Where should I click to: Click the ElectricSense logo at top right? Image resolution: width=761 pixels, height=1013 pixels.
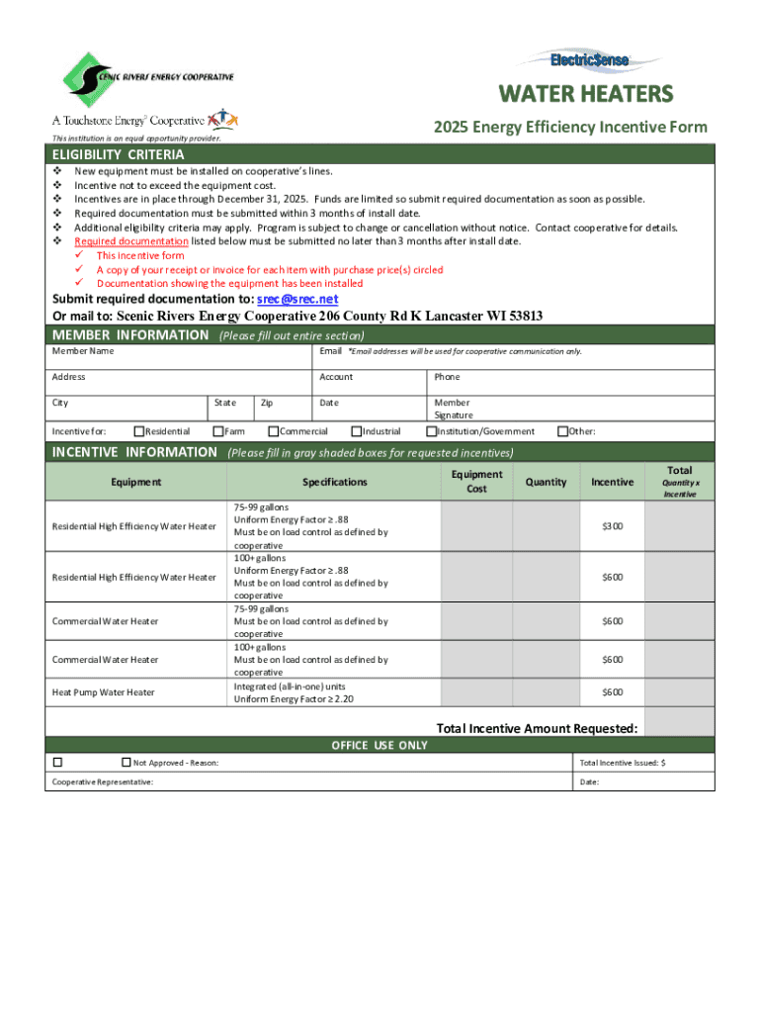click(x=590, y=60)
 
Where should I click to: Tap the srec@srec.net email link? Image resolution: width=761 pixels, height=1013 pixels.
click(x=296, y=300)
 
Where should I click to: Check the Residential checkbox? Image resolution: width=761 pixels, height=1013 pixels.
click(x=138, y=431)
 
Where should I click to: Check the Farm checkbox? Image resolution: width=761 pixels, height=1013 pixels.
click(x=218, y=431)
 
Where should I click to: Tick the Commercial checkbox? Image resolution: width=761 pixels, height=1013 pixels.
click(x=274, y=431)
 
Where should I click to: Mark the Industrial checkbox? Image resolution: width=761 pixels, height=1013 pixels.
click(x=357, y=431)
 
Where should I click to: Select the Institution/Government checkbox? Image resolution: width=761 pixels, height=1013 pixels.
click(x=431, y=431)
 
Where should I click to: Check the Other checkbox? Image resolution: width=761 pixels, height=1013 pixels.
click(x=562, y=431)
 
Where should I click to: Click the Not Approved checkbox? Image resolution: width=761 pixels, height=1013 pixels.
click(x=126, y=763)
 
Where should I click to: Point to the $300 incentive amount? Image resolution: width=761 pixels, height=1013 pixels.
click(x=613, y=525)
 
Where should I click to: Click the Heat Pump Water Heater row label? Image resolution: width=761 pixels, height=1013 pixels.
click(x=103, y=692)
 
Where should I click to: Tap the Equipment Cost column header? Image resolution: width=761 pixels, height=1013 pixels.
click(x=476, y=482)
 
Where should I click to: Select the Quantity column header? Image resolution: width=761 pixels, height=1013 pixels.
click(x=546, y=482)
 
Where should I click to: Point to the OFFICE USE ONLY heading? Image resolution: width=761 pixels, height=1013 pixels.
click(x=380, y=745)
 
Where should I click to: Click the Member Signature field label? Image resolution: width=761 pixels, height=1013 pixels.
click(x=454, y=410)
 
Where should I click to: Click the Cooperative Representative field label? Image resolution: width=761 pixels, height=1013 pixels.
click(x=103, y=782)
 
